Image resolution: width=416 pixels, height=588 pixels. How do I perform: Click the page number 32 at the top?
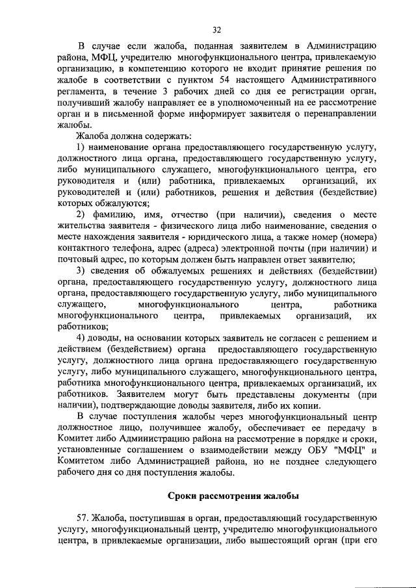pyautogui.click(x=216, y=29)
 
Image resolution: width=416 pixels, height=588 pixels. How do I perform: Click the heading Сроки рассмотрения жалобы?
pyautogui.click(x=233, y=496)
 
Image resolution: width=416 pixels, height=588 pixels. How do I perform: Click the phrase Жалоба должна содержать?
pyautogui.click(x=134, y=136)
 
